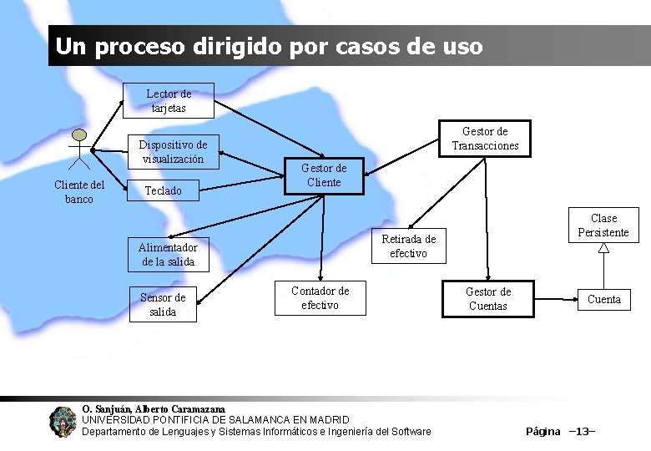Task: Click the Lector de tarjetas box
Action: click(169, 101)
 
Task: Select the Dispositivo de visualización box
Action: click(173, 151)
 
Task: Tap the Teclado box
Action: click(164, 190)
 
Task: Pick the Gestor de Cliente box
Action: click(324, 175)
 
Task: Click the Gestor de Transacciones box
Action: click(485, 139)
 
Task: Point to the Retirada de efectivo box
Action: click(408, 246)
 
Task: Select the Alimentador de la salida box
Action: click(168, 254)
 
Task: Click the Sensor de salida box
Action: click(163, 305)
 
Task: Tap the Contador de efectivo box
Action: click(320, 298)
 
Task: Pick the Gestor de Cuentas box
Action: click(487, 299)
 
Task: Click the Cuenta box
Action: click(604, 299)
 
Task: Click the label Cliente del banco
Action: click(79, 192)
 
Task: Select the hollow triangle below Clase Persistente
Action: click(603, 247)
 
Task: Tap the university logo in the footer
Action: click(62, 421)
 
